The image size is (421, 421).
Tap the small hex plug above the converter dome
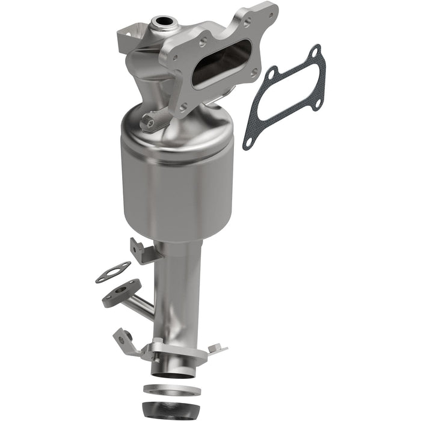point(147,123)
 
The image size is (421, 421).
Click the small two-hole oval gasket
point(112,272)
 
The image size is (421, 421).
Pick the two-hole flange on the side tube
point(120,293)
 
